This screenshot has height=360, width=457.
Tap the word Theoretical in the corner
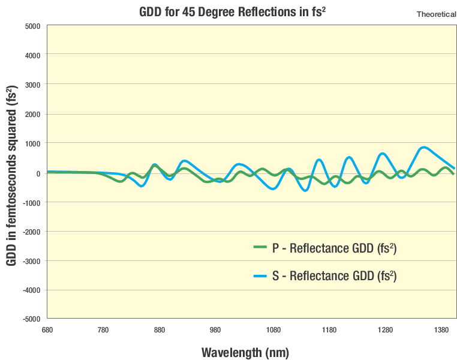pyautogui.click(x=436, y=14)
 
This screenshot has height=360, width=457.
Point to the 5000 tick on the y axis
pyautogui.click(x=31, y=26)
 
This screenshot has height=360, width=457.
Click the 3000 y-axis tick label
pyautogui.click(x=31, y=85)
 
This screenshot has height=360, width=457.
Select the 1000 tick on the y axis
pyautogui.click(x=31, y=143)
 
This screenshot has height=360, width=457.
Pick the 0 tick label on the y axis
pyautogui.click(x=37, y=173)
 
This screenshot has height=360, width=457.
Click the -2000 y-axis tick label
pyautogui.click(x=30, y=232)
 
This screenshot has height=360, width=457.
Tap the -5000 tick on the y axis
pyautogui.click(x=30, y=319)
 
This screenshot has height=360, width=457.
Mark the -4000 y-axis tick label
pyautogui.click(x=30, y=290)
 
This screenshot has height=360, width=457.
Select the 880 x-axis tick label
pyautogui.click(x=159, y=331)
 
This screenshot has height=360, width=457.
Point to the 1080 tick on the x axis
pyautogui.click(x=273, y=331)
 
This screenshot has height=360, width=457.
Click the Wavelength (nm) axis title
pyautogui.click(x=245, y=352)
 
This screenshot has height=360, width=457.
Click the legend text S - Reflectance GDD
pyautogui.click(x=335, y=276)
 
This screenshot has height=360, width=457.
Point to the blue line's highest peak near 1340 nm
pyautogui.click(x=424, y=147)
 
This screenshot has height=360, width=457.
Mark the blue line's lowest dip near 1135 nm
pyautogui.click(x=306, y=190)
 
